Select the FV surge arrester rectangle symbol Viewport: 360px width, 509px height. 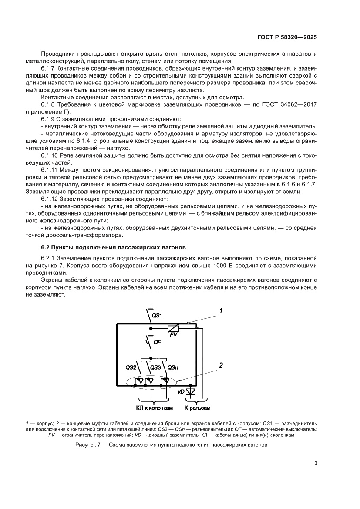pyautogui.click(x=173, y=329)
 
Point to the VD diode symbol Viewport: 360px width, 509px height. pyautogui.click(x=191, y=392)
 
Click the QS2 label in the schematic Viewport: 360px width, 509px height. pyautogui.click(x=131, y=367)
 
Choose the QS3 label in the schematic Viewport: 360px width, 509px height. pyautogui.click(x=155, y=367)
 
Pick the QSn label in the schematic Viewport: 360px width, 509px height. pyautogui.click(x=173, y=367)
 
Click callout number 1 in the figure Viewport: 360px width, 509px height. pyautogui.click(x=221, y=311)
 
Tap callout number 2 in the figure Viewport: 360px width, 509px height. pyautogui.click(x=221, y=366)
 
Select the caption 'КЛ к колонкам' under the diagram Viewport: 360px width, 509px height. pyautogui.click(x=151, y=408)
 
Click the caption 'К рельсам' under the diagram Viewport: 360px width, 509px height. pyautogui.click(x=197, y=408)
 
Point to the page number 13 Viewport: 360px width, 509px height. pyautogui.click(x=313, y=463)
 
